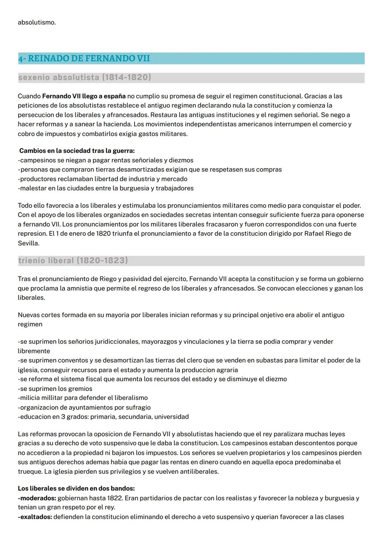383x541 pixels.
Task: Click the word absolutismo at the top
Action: click(x=37, y=22)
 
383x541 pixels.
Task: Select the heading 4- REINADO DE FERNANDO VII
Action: click(x=84, y=58)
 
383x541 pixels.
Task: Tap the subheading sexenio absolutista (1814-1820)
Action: click(x=84, y=77)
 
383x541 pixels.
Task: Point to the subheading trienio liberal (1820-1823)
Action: click(x=73, y=261)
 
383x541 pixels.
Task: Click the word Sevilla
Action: click(x=28, y=243)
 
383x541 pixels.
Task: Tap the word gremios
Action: click(x=79, y=389)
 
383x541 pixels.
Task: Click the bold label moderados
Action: click(x=37, y=498)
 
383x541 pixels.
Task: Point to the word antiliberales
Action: click(x=200, y=472)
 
